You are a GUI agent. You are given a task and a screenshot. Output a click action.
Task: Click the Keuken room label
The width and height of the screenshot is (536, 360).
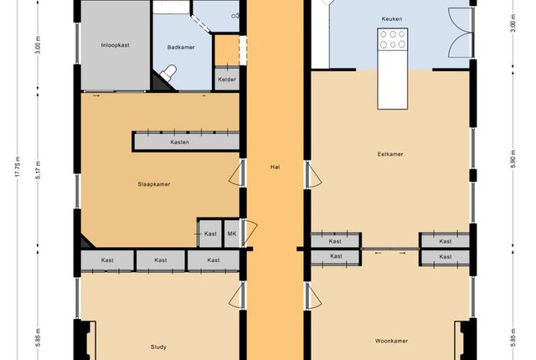coord(392,18)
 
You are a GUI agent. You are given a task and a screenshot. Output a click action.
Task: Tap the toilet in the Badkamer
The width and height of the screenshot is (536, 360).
coord(168,72)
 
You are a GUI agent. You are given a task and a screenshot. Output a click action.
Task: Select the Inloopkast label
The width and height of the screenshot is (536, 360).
coord(116,45)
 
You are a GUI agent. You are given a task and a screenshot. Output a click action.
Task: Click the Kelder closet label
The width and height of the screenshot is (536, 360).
coord(227,80)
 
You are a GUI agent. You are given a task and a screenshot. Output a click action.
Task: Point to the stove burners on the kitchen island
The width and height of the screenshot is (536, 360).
coord(393,39)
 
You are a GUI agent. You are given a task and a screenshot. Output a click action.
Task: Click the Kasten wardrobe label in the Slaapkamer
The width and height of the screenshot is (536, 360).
coord(179,142)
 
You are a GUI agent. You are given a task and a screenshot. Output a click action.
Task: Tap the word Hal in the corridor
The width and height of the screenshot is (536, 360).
coord(276,167)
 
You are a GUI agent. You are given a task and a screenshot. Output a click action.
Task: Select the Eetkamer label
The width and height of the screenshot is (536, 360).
coord(390,154)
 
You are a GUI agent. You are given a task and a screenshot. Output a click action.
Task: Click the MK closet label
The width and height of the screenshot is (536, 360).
coord(232,234)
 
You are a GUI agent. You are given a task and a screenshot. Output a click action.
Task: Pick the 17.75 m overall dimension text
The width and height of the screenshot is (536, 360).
coord(18,167)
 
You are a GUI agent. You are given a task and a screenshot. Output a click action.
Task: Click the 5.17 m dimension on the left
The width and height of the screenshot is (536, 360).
coord(39,170)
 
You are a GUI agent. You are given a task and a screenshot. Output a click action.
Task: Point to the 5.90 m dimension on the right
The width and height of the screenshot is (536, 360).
coord(513,159)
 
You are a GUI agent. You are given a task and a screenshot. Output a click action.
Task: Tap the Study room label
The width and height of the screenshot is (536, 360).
coord(158,347)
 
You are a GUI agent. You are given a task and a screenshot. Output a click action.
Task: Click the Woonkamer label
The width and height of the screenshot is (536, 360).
coord(391,341)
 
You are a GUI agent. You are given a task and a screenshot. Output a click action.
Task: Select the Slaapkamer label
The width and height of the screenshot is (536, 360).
coord(154,184)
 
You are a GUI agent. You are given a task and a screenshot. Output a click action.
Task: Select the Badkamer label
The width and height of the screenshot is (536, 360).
coord(181,47)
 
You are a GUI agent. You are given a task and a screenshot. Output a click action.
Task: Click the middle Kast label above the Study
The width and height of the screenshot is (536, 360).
coord(160,260)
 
